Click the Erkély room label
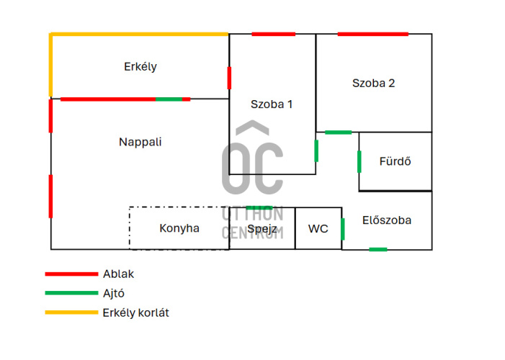tap(140, 67)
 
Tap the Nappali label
tap(140, 142)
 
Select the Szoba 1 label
tap(272, 104)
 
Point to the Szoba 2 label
tap(373, 83)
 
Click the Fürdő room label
tap(395, 161)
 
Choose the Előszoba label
tap(387, 220)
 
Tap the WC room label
tap(318, 229)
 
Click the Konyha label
tap(179, 228)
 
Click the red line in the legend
tap(71, 274)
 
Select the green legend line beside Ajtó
tap(71, 293)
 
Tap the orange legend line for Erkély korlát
tap(71, 312)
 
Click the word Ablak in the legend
tap(118, 274)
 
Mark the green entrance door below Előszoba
tap(377, 249)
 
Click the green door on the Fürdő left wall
tap(359, 161)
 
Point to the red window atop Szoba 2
tap(372, 34)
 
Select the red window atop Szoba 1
tap(273, 34)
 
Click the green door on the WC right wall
tap(342, 228)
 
